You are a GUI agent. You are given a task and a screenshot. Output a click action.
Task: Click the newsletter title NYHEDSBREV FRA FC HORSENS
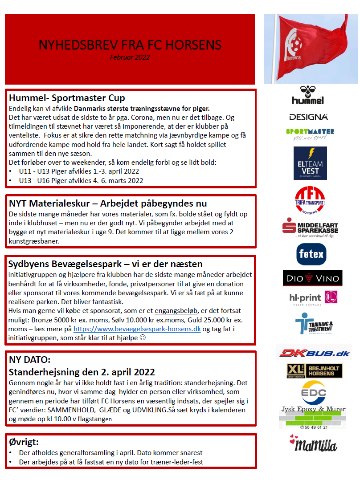[130, 45]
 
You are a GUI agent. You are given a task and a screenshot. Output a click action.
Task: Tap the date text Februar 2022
[130, 57]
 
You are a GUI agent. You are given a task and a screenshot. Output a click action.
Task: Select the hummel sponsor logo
[308, 95]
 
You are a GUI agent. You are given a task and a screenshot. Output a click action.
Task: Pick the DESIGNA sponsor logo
[308, 117]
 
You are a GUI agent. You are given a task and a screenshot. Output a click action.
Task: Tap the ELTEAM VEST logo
[310, 163]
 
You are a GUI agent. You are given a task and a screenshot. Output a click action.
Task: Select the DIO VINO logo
[312, 278]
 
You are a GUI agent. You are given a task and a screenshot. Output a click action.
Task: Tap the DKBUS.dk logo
[313, 353]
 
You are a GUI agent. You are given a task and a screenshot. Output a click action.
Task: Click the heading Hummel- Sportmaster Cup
[67, 98]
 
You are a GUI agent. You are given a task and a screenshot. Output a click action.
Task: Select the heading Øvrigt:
[24, 442]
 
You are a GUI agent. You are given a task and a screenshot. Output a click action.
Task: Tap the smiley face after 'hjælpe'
[143, 338]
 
